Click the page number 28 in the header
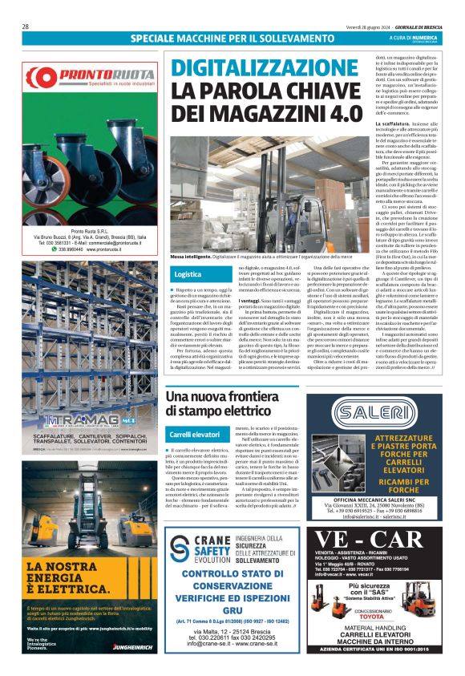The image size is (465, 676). pyautogui.click(x=26, y=26)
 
